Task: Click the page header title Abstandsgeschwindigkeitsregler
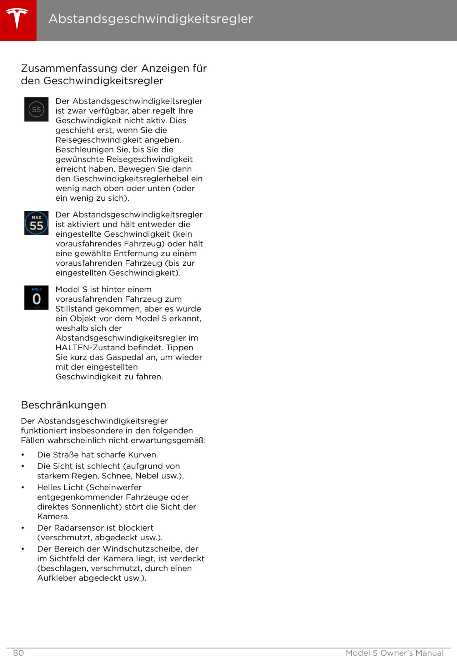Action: [x=151, y=19]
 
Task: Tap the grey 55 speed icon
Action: [x=36, y=109]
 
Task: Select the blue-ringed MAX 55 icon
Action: [x=36, y=223]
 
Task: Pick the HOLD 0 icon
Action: [x=36, y=298]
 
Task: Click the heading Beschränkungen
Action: [x=64, y=405]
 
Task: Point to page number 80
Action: [x=19, y=653]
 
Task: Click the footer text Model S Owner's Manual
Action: [x=395, y=653]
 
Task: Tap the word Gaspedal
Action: [x=125, y=357]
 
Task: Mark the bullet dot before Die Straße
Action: [x=23, y=455]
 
